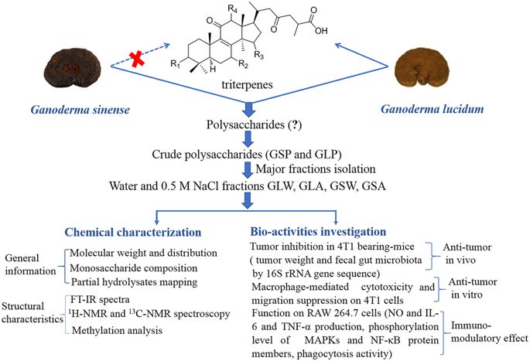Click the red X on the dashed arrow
[137, 59]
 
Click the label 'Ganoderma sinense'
[80, 110]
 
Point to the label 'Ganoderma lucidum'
[433, 109]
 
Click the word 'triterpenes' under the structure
[247, 84]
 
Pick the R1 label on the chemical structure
[175, 63]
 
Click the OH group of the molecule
[321, 31]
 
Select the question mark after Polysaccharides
[295, 125]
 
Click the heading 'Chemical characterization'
[133, 232]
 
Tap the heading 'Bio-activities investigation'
[318, 232]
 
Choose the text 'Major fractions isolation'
[316, 169]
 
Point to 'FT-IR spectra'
[100, 299]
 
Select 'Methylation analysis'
[117, 330]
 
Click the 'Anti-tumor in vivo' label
[467, 254]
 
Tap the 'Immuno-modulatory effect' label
[489, 332]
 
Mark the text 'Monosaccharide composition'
[134, 268]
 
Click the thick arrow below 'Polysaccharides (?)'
[248, 139]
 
